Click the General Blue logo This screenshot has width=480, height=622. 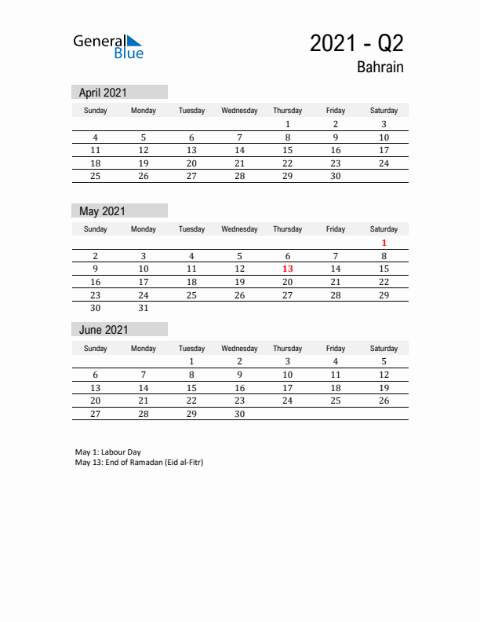coord(108,46)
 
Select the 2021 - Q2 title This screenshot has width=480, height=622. coord(357,43)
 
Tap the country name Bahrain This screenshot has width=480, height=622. coord(380,68)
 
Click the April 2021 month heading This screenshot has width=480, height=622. coord(103,93)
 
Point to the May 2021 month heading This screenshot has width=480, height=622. coord(102,211)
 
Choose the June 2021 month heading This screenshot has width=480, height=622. coord(103,330)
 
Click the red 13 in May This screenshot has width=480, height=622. coord(287,269)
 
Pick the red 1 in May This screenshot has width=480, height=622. coord(384,243)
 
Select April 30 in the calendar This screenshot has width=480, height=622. coord(336,177)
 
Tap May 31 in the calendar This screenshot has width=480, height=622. coord(144,309)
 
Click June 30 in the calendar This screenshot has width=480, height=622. coord(239,415)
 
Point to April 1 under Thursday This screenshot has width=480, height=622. coord(287,124)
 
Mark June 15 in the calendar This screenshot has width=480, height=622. coord(191,388)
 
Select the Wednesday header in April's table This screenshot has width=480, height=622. coord(239,111)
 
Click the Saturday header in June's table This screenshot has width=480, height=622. coord(384,349)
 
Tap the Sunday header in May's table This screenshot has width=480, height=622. coord(96,229)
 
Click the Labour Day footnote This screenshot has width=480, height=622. coord(108,452)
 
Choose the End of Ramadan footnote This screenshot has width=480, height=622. coord(139,463)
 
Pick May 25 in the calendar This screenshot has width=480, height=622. coord(191,295)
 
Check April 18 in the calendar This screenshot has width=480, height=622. coord(96,163)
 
